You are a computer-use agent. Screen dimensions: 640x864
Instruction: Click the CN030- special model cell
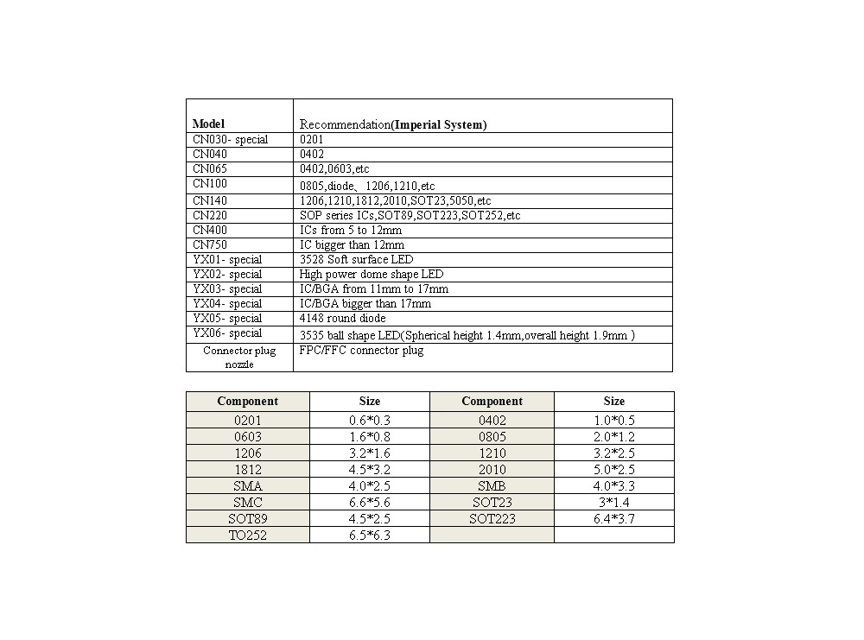point(230,140)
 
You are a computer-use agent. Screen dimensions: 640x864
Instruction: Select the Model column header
point(208,124)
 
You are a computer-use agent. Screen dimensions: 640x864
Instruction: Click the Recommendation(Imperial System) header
point(392,124)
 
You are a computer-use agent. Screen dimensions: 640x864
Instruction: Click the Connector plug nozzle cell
point(239,358)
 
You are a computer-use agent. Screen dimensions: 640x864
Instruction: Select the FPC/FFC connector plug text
point(361,351)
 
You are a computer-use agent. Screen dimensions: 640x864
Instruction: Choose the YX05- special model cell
point(227,319)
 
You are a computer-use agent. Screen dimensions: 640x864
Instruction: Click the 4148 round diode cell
point(342,319)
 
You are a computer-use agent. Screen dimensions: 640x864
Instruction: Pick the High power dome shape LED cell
point(372,275)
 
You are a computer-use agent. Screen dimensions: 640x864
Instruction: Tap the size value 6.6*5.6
point(369,503)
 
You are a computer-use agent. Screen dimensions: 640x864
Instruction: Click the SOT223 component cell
point(492,519)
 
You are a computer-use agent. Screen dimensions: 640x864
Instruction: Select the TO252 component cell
point(247,535)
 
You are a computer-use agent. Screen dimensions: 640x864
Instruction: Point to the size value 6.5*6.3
point(369,535)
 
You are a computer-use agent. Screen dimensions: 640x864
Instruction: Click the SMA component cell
point(247,486)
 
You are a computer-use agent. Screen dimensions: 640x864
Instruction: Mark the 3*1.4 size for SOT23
point(614,503)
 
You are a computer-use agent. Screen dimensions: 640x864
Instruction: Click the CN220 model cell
point(210,215)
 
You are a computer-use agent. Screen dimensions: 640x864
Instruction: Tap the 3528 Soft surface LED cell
point(356,260)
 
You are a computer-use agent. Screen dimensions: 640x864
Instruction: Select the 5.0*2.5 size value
point(614,470)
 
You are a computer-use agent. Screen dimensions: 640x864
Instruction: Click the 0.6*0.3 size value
point(369,421)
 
